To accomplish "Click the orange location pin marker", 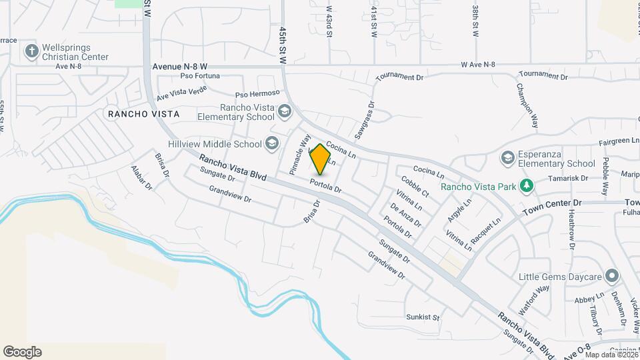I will click(x=321, y=159).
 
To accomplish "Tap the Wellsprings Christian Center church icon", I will click(x=31, y=51).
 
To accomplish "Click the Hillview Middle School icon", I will click(x=271, y=143).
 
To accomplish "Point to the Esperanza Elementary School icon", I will click(x=507, y=157).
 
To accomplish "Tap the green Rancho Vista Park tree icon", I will click(x=527, y=185).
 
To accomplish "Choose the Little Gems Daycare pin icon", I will click(x=612, y=277).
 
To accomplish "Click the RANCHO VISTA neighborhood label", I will click(x=143, y=114).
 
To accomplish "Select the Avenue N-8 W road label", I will click(x=180, y=67).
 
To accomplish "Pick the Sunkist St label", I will click(x=423, y=317).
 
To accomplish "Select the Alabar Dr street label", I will click(x=142, y=178).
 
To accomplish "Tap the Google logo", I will click(x=22, y=352).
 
